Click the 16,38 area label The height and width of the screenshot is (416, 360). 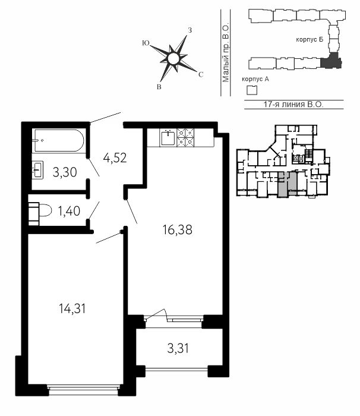tap(177, 230)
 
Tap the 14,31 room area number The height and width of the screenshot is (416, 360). tap(72, 309)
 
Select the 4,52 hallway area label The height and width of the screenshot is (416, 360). tap(115, 158)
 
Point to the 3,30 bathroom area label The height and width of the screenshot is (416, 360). tap(65, 172)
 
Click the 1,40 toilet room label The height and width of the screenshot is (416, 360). tap(69, 211)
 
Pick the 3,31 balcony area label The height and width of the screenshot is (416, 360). tap(178, 348)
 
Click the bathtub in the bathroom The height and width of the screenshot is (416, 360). tap(58, 140)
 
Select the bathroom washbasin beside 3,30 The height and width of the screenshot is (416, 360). tap(37, 170)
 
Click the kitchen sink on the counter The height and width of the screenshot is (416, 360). tap(168, 137)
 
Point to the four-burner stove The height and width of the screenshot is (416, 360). tap(185, 137)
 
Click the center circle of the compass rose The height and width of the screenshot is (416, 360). tap(173, 59)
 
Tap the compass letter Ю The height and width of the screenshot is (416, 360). tap(146, 43)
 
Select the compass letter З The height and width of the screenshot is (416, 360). tap(190, 30)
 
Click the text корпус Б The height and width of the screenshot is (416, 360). tap(310, 40)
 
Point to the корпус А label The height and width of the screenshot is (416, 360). tap(255, 79)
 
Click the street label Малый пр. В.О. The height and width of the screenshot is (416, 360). tap(226, 54)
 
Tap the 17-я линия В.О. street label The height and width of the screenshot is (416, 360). tap(293, 104)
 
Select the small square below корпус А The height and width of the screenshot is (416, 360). tap(252, 90)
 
